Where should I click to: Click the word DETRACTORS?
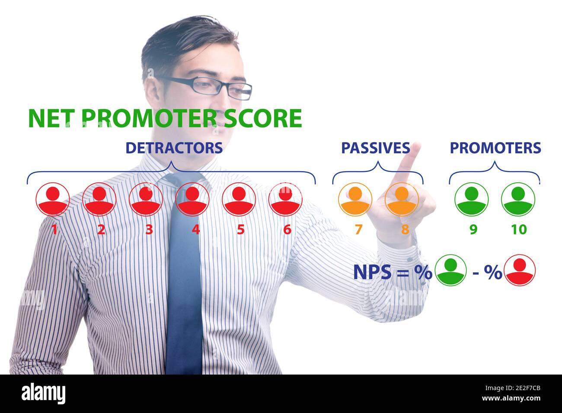point(174,148)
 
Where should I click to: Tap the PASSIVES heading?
point(375,148)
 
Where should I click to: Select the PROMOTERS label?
point(495,148)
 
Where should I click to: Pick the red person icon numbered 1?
point(53,199)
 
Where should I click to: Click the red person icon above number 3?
point(146,199)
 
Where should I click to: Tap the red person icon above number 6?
point(286,199)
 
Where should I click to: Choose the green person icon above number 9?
point(471,199)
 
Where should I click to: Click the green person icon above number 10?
point(518,199)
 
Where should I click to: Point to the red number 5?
point(241,229)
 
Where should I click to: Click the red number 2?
point(101,229)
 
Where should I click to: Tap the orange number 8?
point(405,229)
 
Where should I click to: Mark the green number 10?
point(519,229)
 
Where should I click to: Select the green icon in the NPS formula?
point(450,270)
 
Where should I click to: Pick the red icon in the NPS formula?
point(520,270)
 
